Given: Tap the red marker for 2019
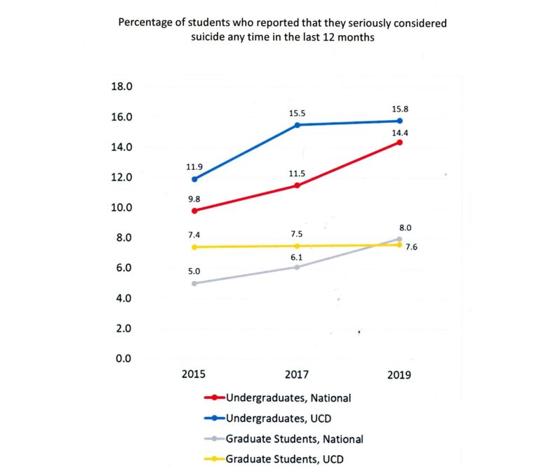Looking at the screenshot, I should [x=399, y=143].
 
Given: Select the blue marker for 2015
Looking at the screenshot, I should [x=194, y=179].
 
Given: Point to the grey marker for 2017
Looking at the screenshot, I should [x=298, y=267].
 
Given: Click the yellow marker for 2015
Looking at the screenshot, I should [x=194, y=247].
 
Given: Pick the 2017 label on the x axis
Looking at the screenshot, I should [x=298, y=375].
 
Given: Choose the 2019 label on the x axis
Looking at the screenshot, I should [x=399, y=375].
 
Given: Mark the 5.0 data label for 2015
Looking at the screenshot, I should [x=194, y=269].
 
